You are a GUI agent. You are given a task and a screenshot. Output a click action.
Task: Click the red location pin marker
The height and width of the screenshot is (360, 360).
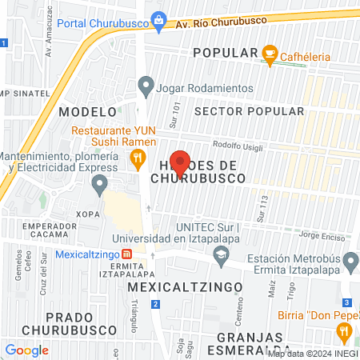click(180, 163)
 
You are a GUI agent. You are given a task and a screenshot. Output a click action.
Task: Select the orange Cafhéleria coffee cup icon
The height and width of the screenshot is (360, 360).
click(270, 54)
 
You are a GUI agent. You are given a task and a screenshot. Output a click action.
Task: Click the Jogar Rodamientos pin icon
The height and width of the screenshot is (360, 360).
click(146, 83)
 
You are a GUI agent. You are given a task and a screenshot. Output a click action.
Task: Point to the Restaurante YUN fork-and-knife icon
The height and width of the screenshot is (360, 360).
click(138, 158)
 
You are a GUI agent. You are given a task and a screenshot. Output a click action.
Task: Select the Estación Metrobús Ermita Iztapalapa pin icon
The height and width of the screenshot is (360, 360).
click(350, 261)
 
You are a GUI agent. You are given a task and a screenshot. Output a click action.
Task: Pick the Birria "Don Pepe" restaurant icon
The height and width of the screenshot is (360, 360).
click(345, 330)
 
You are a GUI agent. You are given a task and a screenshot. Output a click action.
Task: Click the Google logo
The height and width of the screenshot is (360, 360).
click(27, 350)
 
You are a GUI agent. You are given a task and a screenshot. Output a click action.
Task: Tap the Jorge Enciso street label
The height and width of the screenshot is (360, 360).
click(320, 235)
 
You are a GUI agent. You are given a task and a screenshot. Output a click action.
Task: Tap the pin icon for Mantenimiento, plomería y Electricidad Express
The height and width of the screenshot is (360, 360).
click(99, 186)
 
